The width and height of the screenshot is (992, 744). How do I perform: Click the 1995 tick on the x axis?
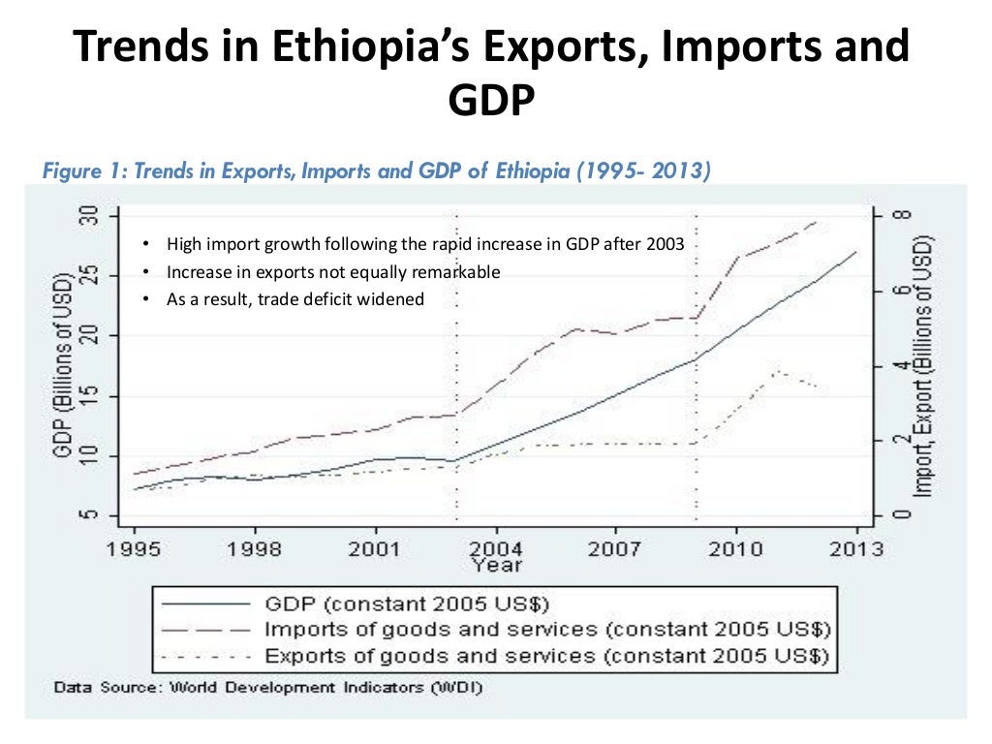coord(134,549)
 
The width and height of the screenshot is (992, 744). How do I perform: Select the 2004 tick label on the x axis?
coord(496,549)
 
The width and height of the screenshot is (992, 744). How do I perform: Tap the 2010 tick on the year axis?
coord(736,549)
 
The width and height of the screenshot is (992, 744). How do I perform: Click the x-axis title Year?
coord(496,565)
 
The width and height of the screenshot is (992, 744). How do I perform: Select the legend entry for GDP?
coord(407,603)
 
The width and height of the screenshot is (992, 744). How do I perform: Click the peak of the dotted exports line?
coord(777,370)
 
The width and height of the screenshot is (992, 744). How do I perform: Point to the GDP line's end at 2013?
coord(856,252)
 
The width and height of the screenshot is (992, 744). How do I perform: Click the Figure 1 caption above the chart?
coord(378,172)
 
